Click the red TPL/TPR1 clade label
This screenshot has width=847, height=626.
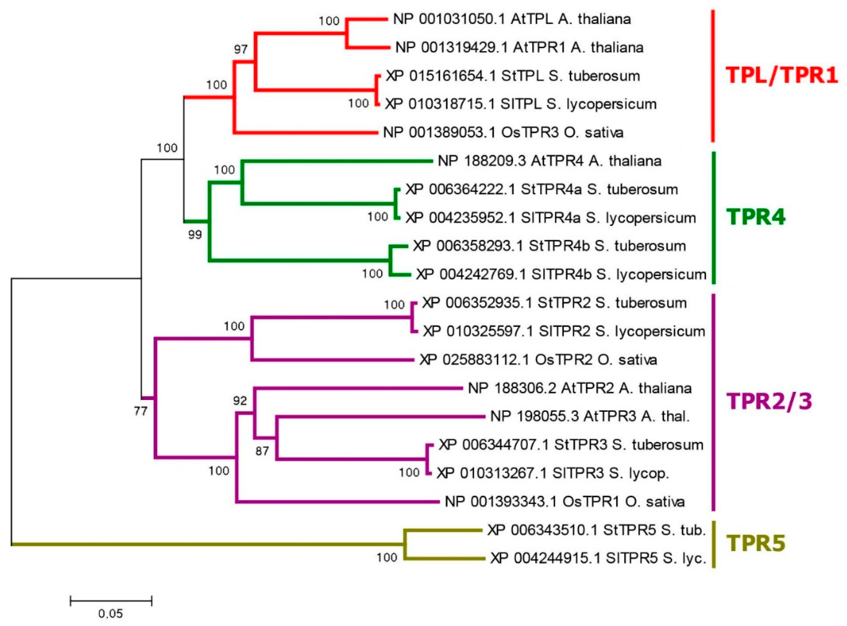coord(781,75)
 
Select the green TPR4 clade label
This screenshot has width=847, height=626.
coord(756,217)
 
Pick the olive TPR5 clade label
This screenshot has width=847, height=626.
coord(756,543)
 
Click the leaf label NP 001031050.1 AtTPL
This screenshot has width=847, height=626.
coord(512,19)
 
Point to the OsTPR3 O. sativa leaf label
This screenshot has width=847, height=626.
coord(503,133)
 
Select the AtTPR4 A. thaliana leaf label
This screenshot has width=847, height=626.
coord(549,161)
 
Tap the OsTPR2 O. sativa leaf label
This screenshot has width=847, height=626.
coord(538,359)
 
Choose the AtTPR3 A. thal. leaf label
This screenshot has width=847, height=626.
coord(590,416)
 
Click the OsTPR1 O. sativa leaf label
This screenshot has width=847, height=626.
coord(564,502)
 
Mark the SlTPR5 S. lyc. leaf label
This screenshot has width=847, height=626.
coord(598,558)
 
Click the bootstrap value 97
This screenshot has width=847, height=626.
coord(240,49)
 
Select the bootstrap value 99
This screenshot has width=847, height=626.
coord(195,235)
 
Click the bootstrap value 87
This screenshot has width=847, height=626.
coord(262,451)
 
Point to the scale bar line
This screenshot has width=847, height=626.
coord(111,601)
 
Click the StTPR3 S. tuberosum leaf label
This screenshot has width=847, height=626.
coord(571,445)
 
